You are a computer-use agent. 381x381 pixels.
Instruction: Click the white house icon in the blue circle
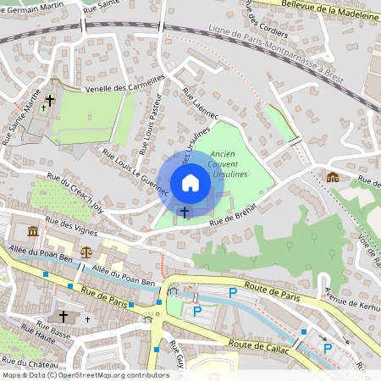pyautogui.click(x=190, y=183)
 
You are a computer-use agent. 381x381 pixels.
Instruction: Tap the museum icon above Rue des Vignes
pyautogui.click(x=33, y=231)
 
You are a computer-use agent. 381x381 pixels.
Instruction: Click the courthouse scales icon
pyautogui.click(x=86, y=251)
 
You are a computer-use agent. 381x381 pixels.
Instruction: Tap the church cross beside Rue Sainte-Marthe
pyautogui.click(x=50, y=101)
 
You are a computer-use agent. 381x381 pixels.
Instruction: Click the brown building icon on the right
pyautogui.click(x=333, y=177)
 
